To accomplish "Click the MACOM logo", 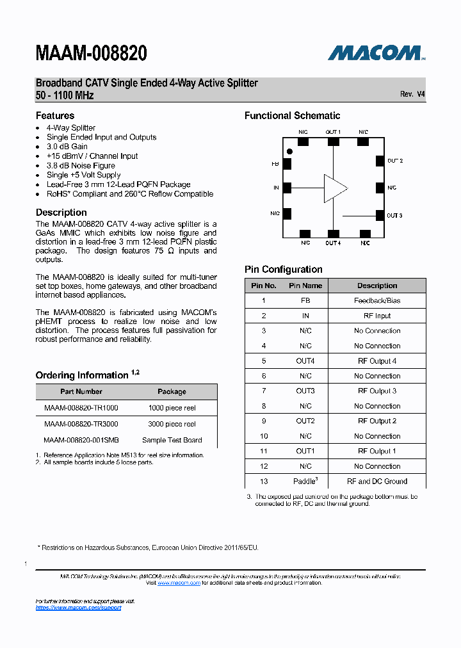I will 376,53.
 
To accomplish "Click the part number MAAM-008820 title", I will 92,54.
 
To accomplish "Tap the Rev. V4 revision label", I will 412,94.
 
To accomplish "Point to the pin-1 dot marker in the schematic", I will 290,151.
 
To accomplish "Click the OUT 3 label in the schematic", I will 394,215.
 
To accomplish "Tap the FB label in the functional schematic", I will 275,164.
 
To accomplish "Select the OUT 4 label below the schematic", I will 332,243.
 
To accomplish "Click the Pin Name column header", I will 305,286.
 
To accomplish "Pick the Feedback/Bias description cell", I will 377,300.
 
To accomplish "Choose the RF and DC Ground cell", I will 377,482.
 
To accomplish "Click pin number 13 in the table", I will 264,482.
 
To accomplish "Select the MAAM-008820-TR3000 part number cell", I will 81,424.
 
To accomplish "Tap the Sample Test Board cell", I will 172,441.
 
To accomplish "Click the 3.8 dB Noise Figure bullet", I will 81,165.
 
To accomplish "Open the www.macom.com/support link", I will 78,608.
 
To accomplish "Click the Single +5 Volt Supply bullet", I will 83,175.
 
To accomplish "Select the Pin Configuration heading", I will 283,270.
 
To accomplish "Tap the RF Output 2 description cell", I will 377,421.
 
